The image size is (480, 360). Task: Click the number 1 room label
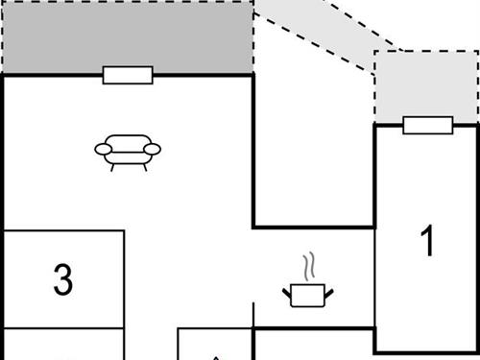pos(428,241)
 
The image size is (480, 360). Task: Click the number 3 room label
pos(62,280)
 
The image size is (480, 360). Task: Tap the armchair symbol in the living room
pos(127,152)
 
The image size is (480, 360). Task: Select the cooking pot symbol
pos(306,294)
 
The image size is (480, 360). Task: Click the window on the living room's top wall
pos(128,75)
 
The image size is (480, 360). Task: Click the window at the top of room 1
pos(427,125)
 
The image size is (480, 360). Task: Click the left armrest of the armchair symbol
pos(101,149)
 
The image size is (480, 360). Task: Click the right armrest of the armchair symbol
pos(154,149)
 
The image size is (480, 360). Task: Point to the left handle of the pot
pos(286,289)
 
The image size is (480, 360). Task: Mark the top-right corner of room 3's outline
pos(125,230)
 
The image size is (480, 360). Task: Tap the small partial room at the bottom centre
pos(215,348)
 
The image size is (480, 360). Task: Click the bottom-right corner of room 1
pos(477,350)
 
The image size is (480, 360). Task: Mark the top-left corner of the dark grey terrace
pos(2,2)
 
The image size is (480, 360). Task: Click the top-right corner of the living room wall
pos(253,75)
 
